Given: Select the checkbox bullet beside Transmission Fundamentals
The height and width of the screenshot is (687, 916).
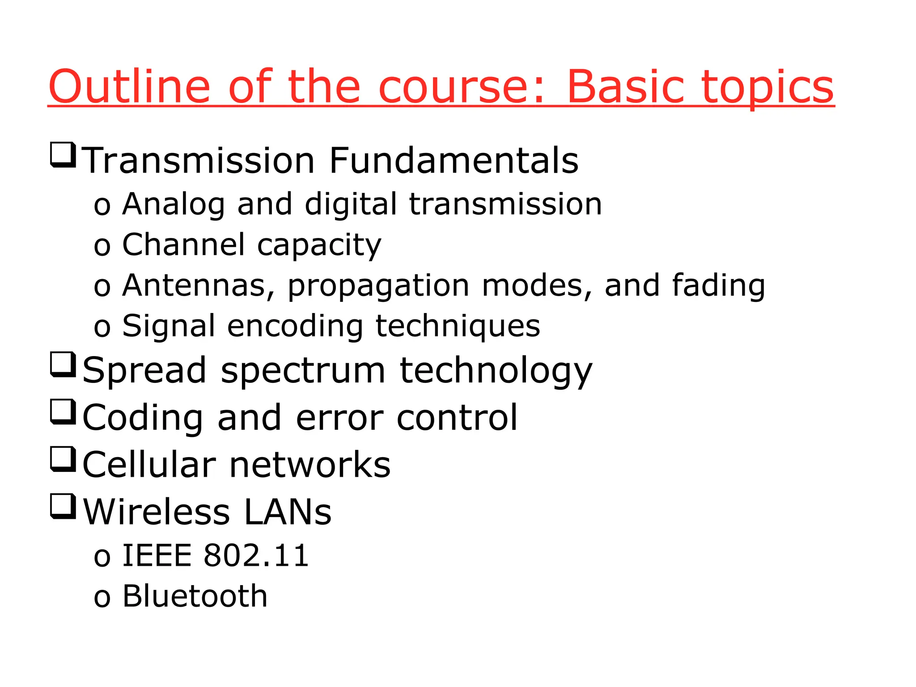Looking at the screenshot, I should [63, 155].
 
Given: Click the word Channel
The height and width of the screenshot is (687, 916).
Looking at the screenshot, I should [183, 245].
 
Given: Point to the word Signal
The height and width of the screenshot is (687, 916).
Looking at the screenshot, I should [169, 327].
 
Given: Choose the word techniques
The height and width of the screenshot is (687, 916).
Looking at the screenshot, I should [458, 327].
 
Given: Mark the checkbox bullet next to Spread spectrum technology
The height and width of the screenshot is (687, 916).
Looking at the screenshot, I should [63, 365].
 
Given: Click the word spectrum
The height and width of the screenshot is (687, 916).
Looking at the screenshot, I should [303, 371].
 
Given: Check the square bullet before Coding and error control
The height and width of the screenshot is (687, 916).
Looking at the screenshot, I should [63, 411].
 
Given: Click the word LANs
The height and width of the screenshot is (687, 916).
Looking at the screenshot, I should [288, 512].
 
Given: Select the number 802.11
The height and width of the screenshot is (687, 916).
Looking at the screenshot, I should [256, 556].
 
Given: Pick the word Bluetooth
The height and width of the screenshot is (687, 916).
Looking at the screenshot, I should [195, 596].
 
